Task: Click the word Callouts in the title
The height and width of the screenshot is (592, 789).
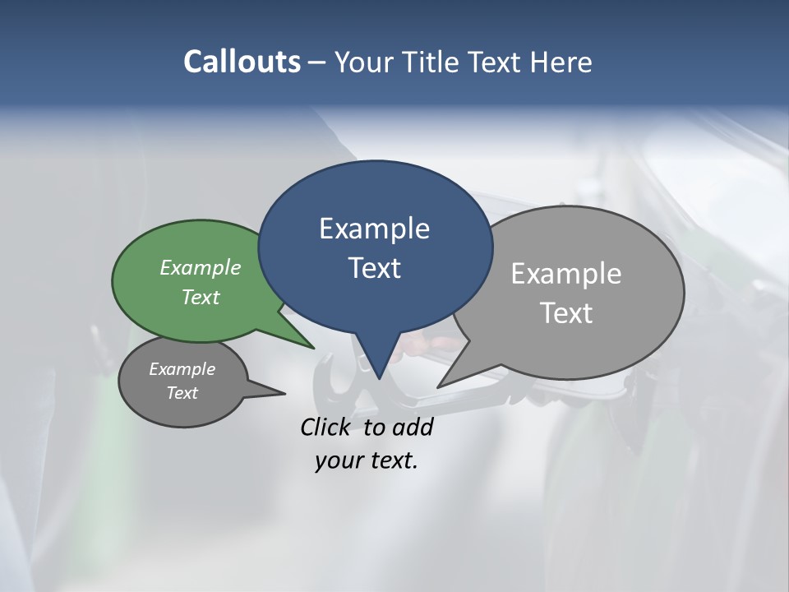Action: [x=242, y=62]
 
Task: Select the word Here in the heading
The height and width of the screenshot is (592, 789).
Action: [x=560, y=62]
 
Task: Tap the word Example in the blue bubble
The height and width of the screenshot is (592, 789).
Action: [x=374, y=229]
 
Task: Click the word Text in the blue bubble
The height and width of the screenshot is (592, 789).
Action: [x=374, y=268]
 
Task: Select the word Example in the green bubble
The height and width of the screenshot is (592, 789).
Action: [x=201, y=267]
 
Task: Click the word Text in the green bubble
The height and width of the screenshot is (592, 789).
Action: [x=201, y=297]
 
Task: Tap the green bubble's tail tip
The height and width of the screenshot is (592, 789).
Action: [x=314, y=348]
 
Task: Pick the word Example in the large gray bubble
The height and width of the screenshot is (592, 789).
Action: [x=566, y=274]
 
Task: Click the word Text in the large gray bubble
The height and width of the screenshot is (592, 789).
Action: [x=566, y=313]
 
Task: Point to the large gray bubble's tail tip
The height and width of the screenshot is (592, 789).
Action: [x=438, y=386]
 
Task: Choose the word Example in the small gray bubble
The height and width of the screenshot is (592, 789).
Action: [x=182, y=369]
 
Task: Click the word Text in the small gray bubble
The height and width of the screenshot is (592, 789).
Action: [x=182, y=393]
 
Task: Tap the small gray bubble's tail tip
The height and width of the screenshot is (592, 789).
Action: [x=284, y=393]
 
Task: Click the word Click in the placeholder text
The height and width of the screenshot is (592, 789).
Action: [x=326, y=427]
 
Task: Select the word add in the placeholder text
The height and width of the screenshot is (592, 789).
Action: [x=413, y=427]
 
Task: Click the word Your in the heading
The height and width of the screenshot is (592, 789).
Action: [x=365, y=62]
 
